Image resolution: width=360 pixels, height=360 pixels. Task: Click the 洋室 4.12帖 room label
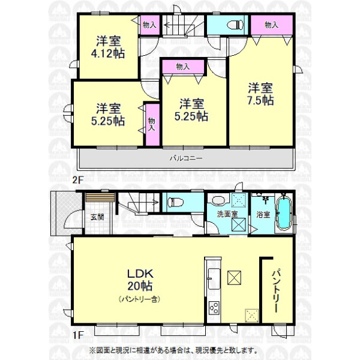tap(108, 47)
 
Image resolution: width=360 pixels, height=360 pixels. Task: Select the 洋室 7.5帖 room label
tap(260, 94)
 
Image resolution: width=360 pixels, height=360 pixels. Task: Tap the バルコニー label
tap(186, 158)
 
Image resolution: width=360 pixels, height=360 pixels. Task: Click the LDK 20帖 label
tap(140, 280)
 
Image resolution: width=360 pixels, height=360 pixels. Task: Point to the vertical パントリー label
tap(276, 290)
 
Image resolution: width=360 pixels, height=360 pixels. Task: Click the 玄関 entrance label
tap(97, 217)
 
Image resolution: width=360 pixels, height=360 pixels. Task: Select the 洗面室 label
tap(227, 214)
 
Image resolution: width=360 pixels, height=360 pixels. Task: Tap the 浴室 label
tap(263, 214)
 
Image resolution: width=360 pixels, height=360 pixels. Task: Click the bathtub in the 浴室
tap(284, 212)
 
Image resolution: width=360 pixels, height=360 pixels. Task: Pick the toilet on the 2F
tap(236, 25)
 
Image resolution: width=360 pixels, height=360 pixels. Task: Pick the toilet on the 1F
tap(176, 202)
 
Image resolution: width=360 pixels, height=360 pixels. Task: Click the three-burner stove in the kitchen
tap(214, 308)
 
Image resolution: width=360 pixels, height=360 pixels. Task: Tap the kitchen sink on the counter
tap(214, 279)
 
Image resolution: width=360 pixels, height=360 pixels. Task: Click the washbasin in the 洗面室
tap(219, 200)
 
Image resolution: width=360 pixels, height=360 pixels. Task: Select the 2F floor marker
tap(77, 179)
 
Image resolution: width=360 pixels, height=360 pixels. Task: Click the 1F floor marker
tap(77, 335)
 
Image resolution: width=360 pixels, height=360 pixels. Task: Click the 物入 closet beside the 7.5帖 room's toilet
tap(272, 25)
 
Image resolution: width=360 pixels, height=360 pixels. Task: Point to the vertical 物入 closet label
tap(151, 124)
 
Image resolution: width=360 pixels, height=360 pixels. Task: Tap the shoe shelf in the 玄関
tap(100, 197)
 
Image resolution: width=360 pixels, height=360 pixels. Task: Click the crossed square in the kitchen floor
tap(234, 278)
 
